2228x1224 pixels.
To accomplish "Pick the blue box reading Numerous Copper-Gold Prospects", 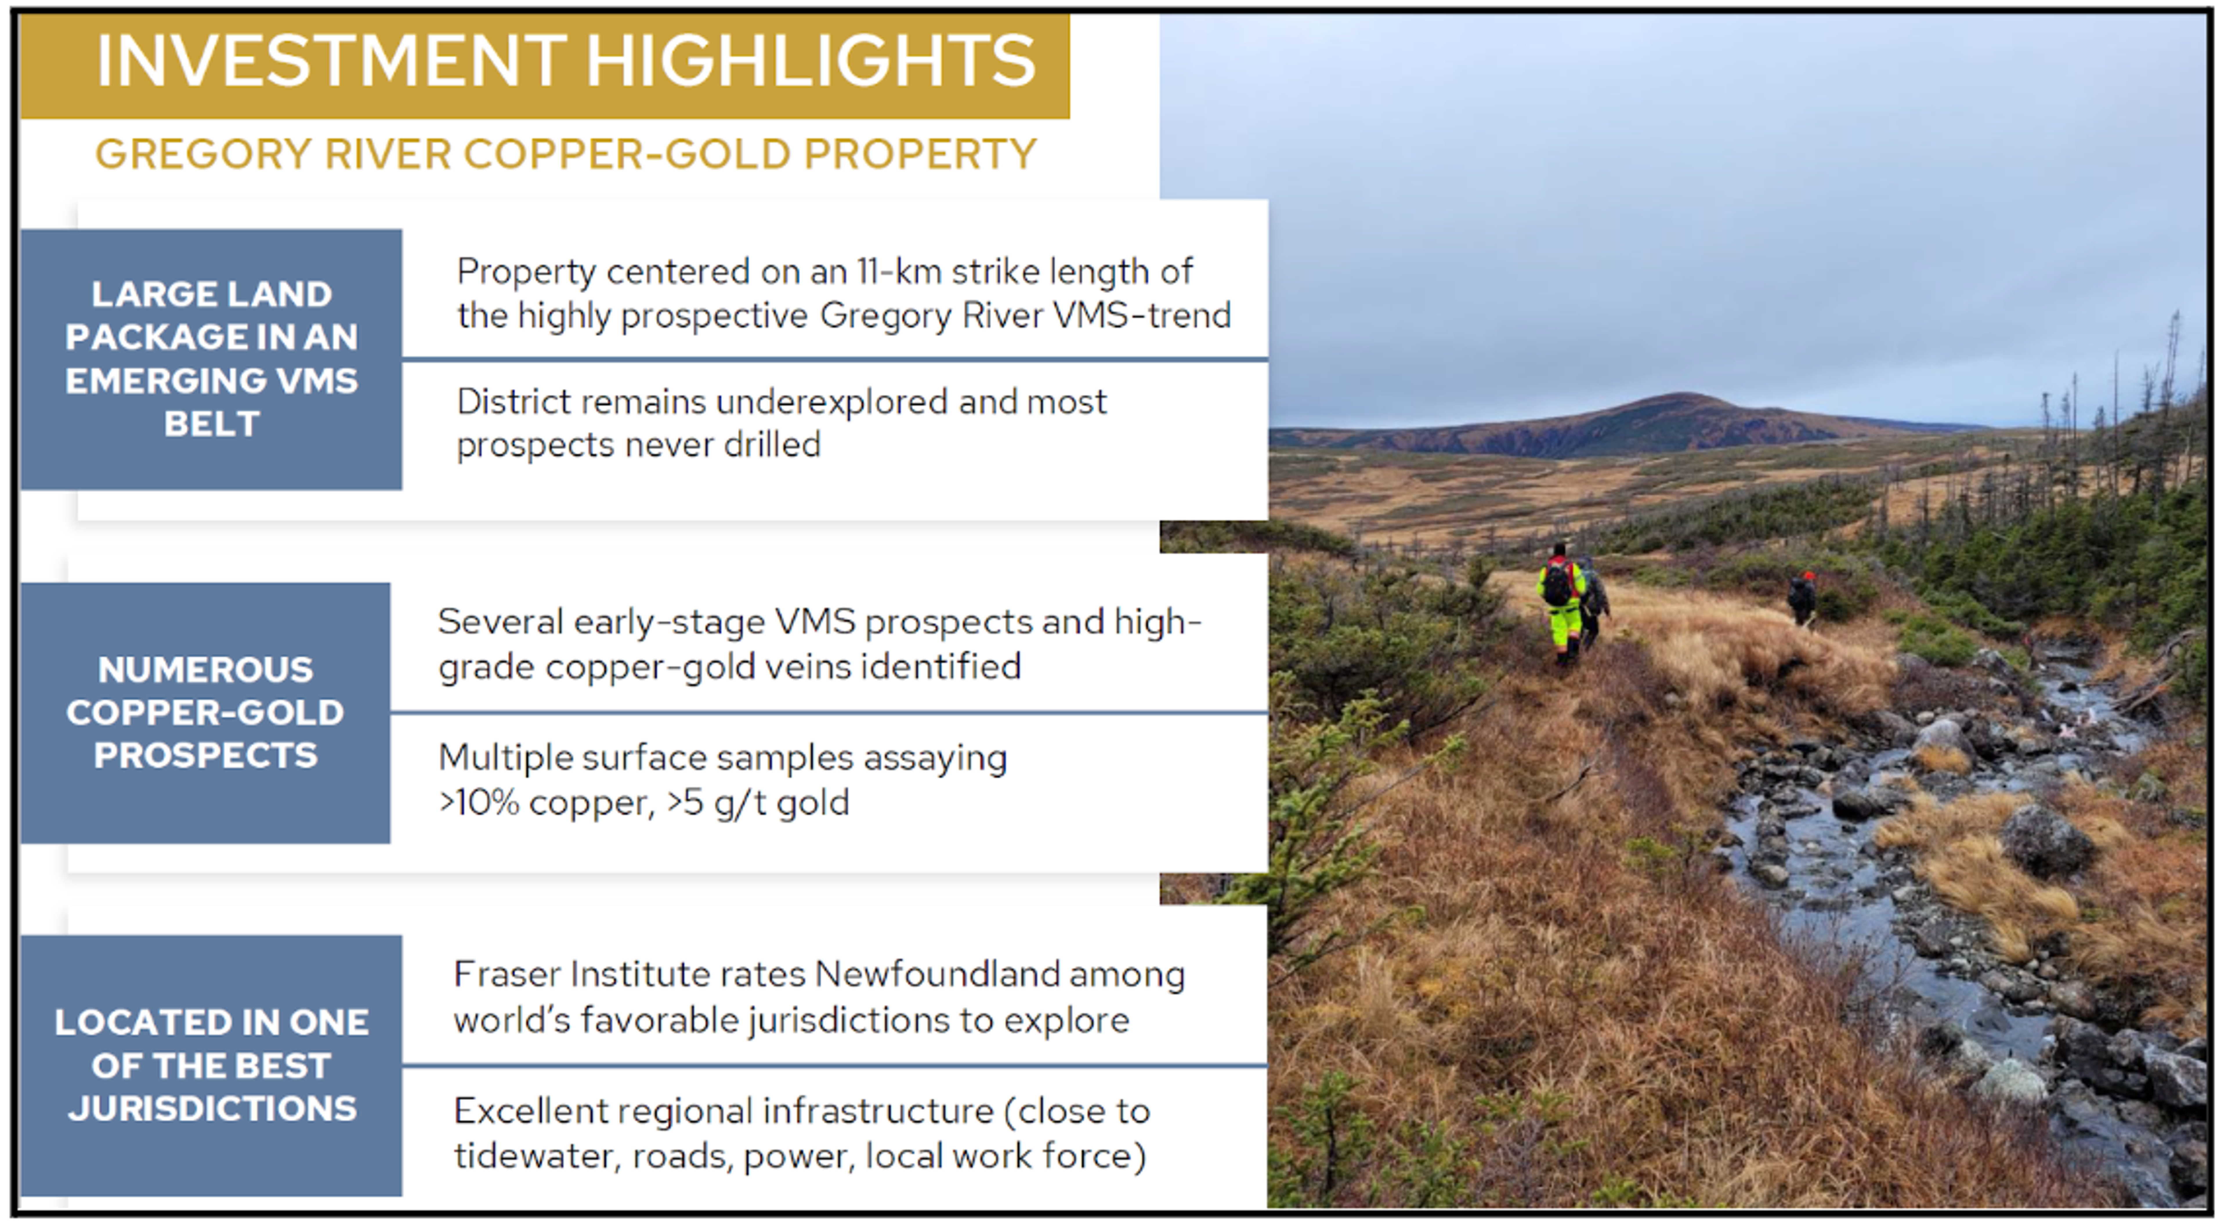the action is (206, 713).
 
